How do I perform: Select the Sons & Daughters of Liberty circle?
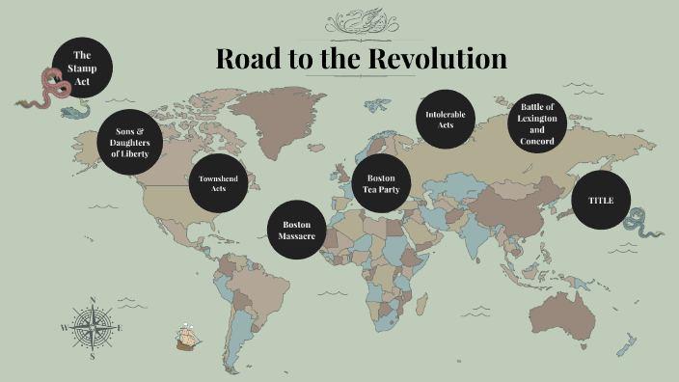(131, 142)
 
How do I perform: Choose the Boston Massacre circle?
(296, 230)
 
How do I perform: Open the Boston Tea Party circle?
(382, 183)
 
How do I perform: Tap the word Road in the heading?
(246, 58)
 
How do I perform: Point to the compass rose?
(93, 327)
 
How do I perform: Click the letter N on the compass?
(93, 300)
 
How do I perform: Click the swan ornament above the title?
(360, 21)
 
